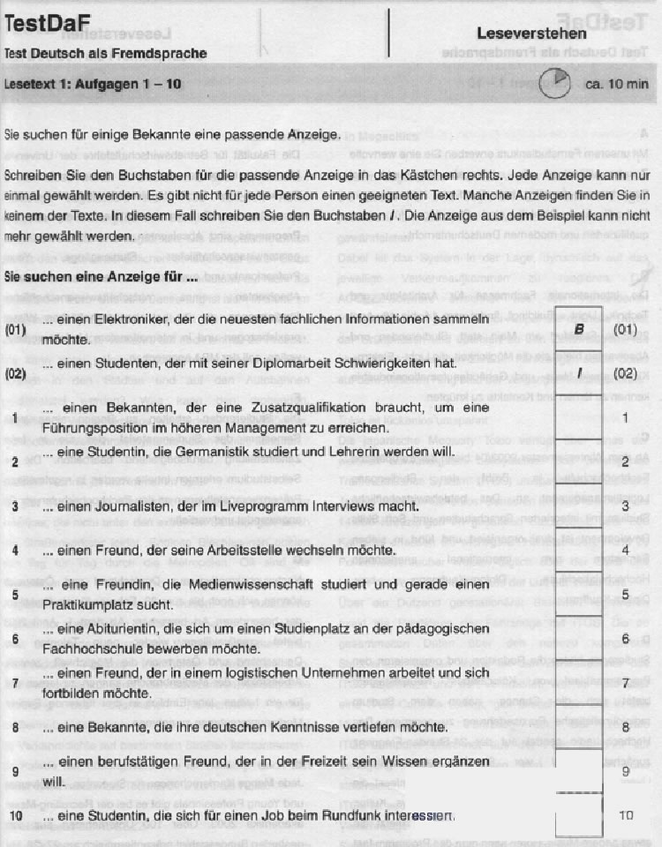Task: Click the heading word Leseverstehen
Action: pos(531,34)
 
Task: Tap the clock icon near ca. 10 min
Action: pos(553,85)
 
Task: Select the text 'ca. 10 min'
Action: pos(617,85)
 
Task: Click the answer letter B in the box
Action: pos(579,327)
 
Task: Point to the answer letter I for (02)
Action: pos(579,372)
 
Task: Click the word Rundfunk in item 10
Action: pos(350,815)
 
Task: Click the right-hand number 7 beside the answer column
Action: pos(625,683)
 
